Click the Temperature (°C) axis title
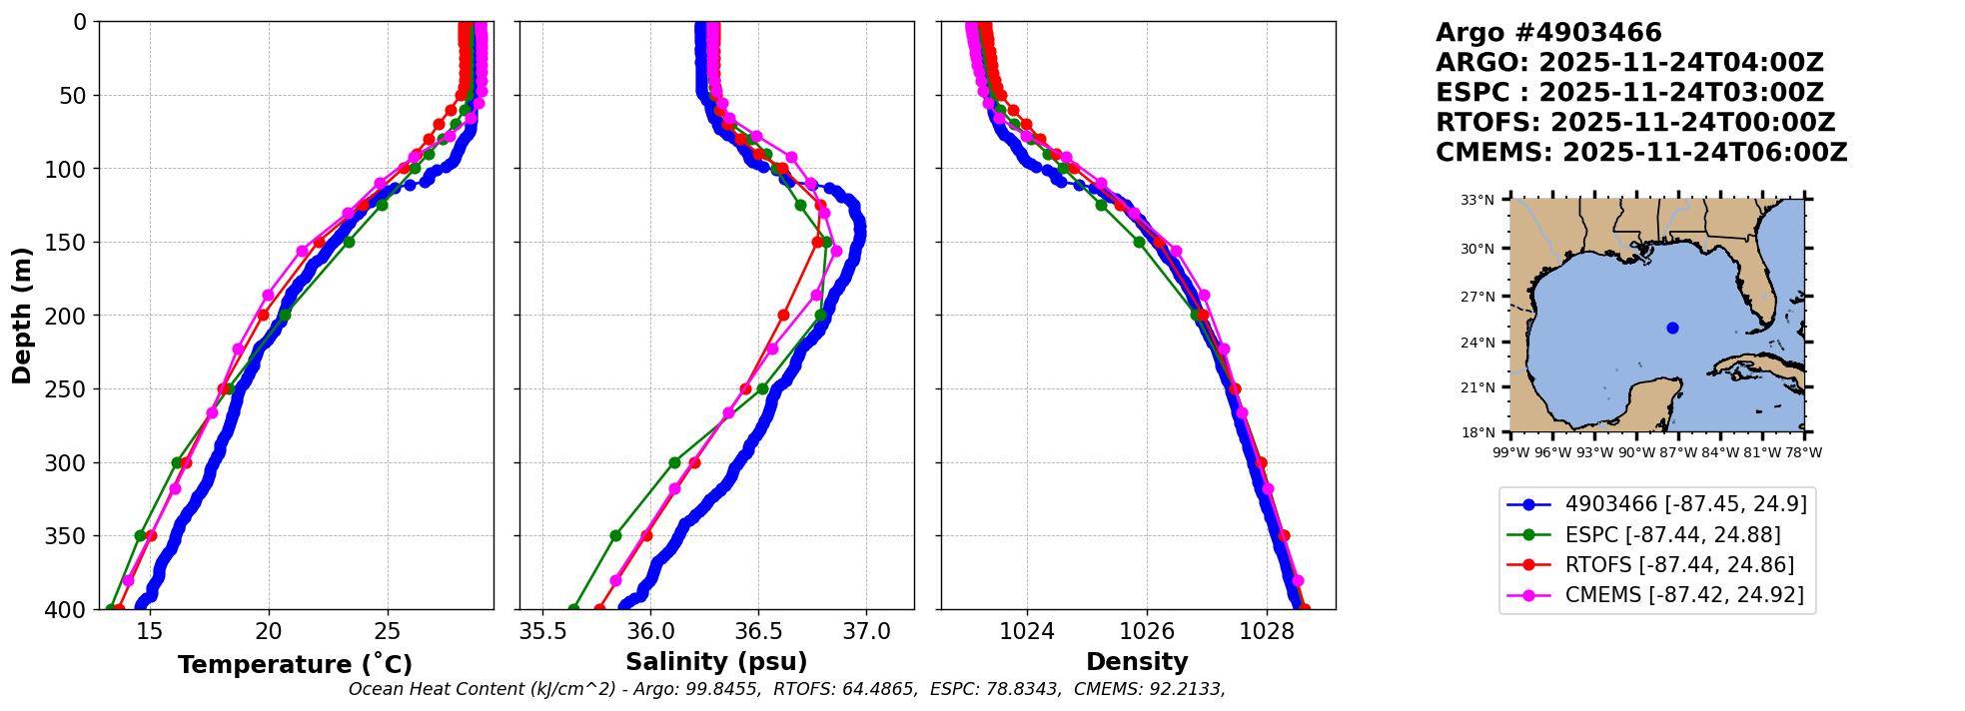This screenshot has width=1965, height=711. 295,665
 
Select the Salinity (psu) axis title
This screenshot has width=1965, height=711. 716,662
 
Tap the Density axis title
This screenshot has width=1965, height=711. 1137,662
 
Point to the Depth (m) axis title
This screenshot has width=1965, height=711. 22,316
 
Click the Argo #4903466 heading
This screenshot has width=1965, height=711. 1548,33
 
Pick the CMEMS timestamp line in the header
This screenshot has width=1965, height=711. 1641,153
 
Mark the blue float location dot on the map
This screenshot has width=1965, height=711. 1672,328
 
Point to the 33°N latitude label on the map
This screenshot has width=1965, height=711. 1477,200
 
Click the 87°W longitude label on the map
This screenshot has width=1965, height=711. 1678,452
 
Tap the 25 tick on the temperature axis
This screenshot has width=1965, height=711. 388,631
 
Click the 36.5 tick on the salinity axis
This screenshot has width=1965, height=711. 758,631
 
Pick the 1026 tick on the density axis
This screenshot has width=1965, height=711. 1147,631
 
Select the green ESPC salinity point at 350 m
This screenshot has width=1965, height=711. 615,535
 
